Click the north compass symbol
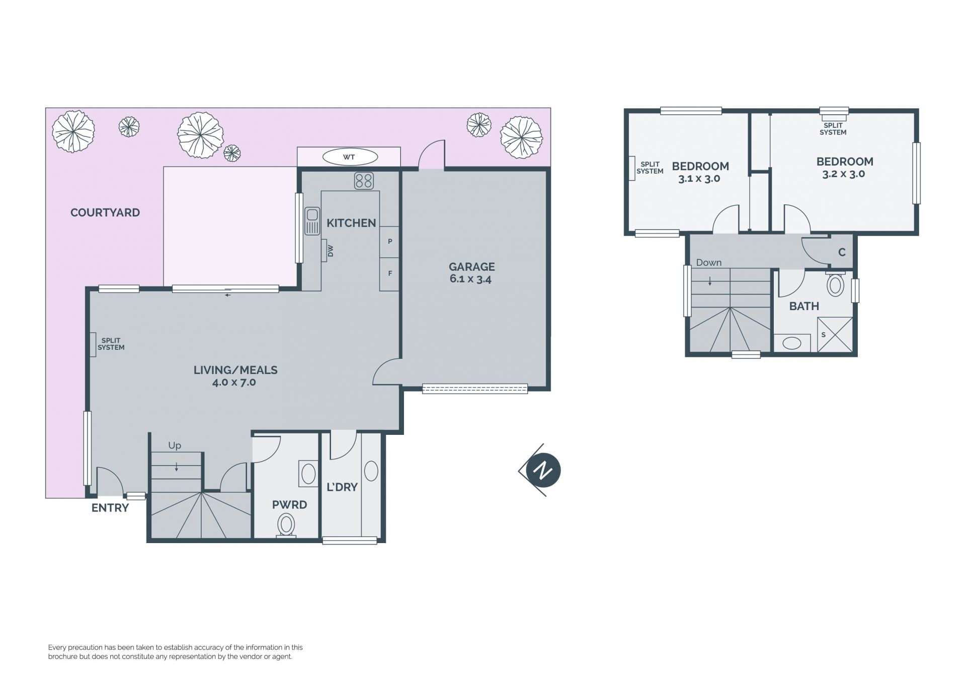[541, 470]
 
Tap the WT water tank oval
[349, 157]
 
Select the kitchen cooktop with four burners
[364, 181]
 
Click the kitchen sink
[312, 221]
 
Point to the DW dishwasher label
[331, 251]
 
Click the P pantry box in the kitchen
[389, 242]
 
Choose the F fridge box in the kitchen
[389, 274]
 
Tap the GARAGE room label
[472, 267]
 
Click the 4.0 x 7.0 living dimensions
[234, 383]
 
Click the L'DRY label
[342, 487]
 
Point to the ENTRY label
[110, 508]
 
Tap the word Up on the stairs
[175, 445]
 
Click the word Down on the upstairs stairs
[709, 262]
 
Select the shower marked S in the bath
[835, 334]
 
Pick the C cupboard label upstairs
[842, 252]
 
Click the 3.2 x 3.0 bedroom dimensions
[844, 174]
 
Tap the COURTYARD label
[105, 212]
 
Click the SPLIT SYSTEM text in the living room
[111, 344]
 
